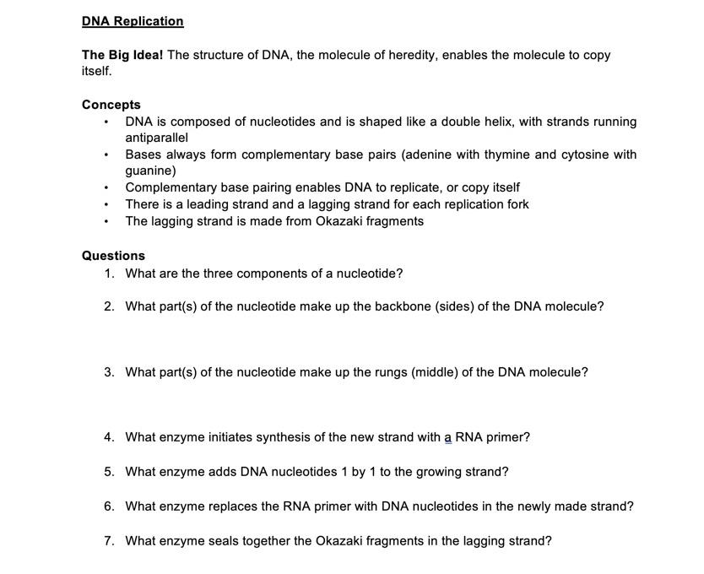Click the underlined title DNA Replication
[x=133, y=21]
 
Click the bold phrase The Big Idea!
[x=122, y=55]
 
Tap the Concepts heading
[x=111, y=105]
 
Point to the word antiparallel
[x=156, y=138]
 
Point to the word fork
[x=516, y=204]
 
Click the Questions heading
[x=113, y=255]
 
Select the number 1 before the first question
[x=109, y=273]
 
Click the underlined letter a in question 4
[x=448, y=437]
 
